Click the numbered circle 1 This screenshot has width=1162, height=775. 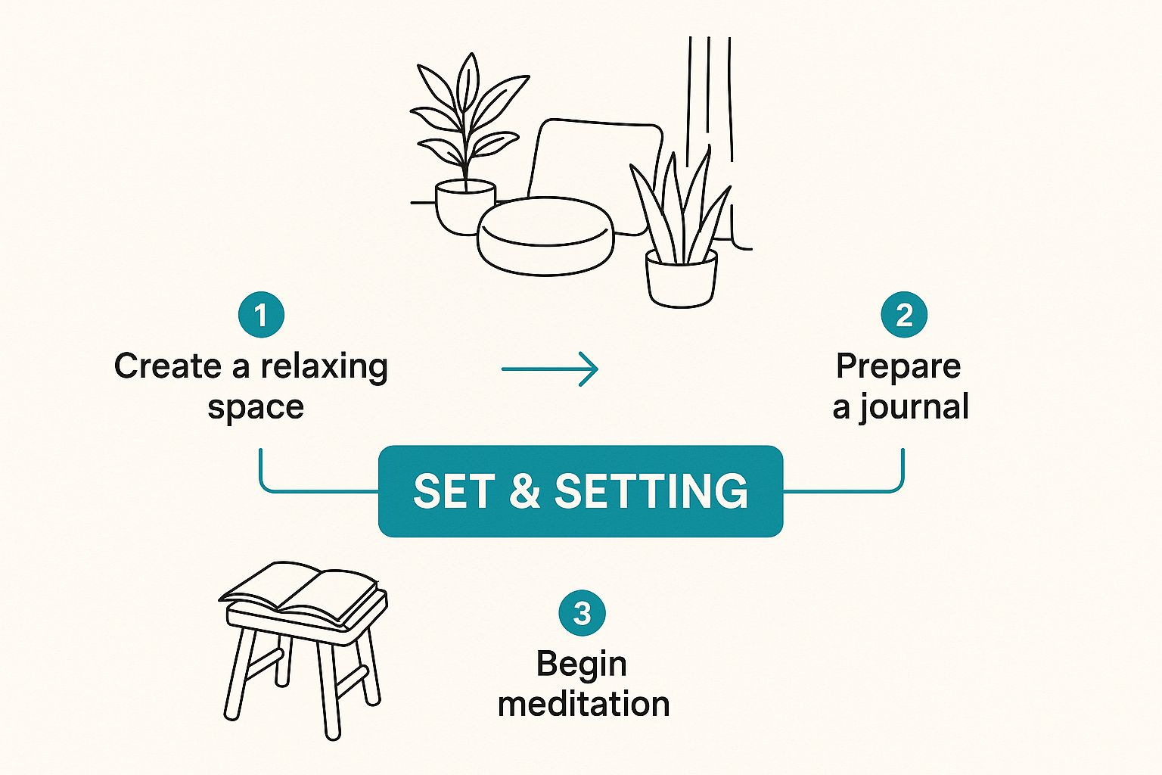pyautogui.click(x=261, y=315)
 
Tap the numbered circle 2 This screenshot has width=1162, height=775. pyautogui.click(x=904, y=315)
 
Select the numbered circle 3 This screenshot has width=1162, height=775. pyautogui.click(x=582, y=612)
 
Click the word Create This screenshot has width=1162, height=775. pyautogui.click(x=168, y=366)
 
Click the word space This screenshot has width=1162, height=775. pyautogui.click(x=256, y=408)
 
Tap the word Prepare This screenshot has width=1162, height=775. pyautogui.click(x=898, y=367)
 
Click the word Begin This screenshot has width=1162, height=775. pyautogui.click(x=581, y=665)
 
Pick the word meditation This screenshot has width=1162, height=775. pyautogui.click(x=583, y=704)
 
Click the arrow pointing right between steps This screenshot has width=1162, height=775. pyautogui.click(x=550, y=369)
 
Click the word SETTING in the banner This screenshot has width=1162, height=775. pyautogui.click(x=651, y=491)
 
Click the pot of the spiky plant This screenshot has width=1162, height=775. pyautogui.click(x=681, y=279)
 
